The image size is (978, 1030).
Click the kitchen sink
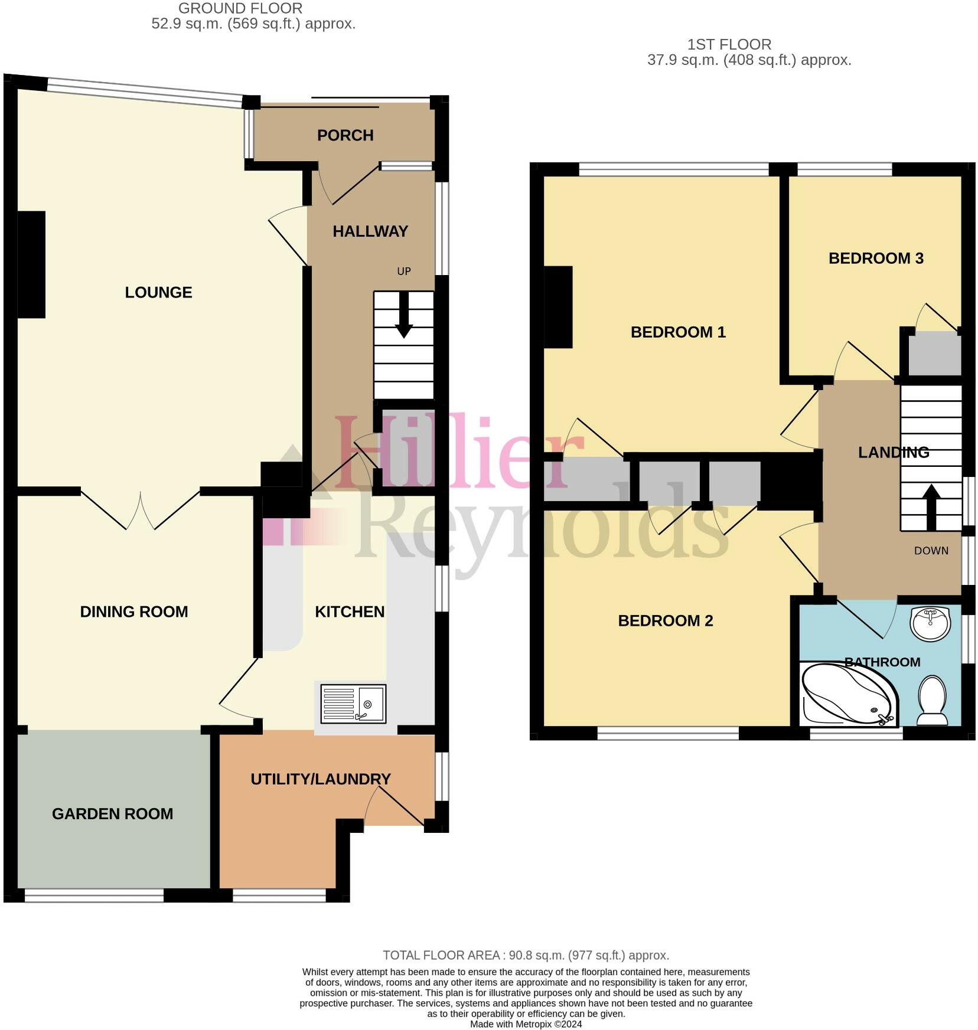[353, 704]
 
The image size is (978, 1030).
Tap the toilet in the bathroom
[932, 700]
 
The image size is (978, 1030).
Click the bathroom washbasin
[930, 623]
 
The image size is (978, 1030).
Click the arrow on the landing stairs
[931, 506]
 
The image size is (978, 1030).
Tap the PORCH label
[345, 135]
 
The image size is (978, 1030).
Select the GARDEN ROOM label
[112, 813]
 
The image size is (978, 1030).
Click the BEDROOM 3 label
[875, 258]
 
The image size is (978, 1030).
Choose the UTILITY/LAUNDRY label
[321, 779]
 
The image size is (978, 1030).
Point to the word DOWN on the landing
[931, 551]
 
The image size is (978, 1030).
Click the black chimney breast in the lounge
[31, 264]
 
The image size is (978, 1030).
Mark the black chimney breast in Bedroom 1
[558, 307]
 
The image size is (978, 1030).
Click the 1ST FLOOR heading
[729, 44]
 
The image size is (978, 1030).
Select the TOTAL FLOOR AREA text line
[526, 955]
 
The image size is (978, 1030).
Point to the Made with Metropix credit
[526, 1024]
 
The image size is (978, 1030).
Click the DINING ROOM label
[134, 612]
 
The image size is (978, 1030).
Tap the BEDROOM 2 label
[665, 620]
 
